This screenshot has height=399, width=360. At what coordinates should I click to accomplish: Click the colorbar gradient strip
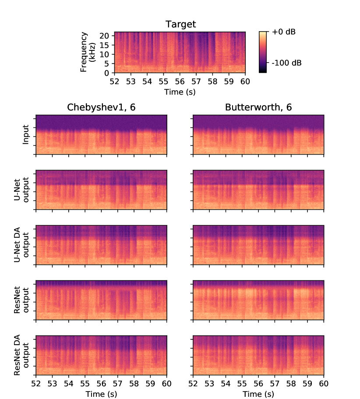[x=262, y=52]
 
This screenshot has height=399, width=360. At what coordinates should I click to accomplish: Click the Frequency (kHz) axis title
[x=88, y=52]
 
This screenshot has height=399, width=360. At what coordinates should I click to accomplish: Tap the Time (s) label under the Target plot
[x=180, y=92]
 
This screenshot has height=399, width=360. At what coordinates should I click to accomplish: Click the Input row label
[x=26, y=134]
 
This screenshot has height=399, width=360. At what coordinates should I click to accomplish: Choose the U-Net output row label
[x=21, y=189]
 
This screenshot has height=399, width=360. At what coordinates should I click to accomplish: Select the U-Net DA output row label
[x=21, y=244]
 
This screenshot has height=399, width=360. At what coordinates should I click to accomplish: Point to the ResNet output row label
[x=21, y=300]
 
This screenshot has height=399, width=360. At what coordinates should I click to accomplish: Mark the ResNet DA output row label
[x=21, y=355]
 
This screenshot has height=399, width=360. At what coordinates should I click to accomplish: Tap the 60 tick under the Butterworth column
[x=324, y=384]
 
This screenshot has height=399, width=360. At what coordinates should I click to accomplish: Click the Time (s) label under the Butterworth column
[x=258, y=394]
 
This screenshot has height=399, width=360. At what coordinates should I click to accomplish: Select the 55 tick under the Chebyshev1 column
[x=85, y=384]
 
